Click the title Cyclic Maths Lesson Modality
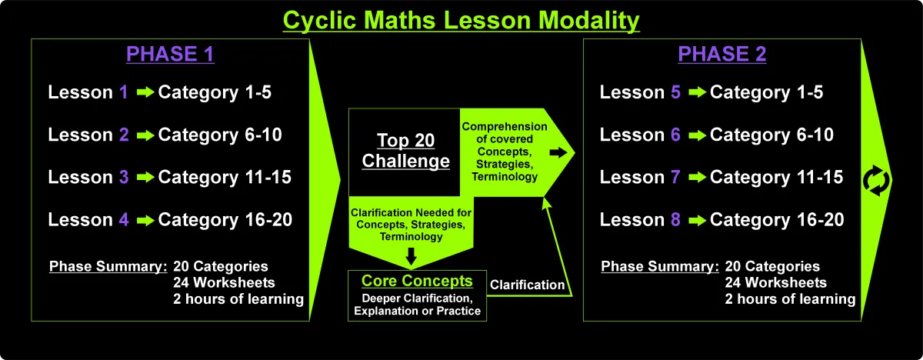click(x=461, y=21)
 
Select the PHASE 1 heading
click(x=170, y=54)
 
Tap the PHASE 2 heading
click(x=722, y=54)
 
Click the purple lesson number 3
click(x=124, y=177)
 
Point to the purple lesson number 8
click(x=676, y=219)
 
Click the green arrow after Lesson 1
click(x=145, y=92)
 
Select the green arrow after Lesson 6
click(x=697, y=135)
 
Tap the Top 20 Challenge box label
click(x=406, y=151)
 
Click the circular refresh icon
click(x=876, y=181)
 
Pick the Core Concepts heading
click(x=417, y=281)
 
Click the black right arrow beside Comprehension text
click(x=558, y=153)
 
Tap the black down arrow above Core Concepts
click(x=412, y=256)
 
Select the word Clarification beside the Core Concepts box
click(x=527, y=285)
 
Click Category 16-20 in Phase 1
click(x=225, y=220)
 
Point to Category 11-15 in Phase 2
click(x=776, y=178)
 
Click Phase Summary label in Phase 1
click(x=108, y=266)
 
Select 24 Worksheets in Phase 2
click(x=776, y=282)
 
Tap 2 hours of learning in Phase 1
click(x=238, y=299)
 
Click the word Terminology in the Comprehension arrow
click(x=505, y=177)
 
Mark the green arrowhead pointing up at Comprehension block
click(x=546, y=202)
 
